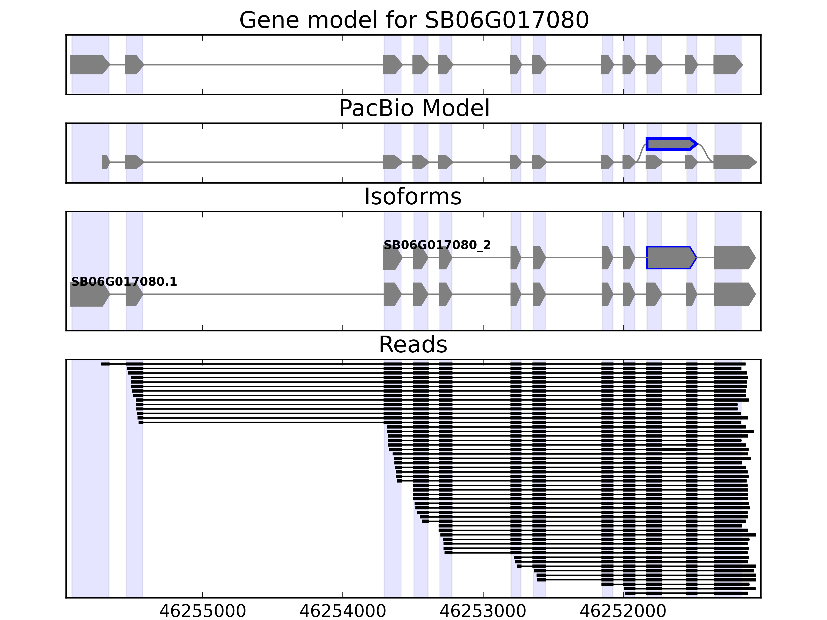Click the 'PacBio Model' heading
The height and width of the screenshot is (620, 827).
414,109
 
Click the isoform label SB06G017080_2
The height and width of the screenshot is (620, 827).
437,245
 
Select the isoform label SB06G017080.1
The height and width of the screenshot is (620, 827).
124,282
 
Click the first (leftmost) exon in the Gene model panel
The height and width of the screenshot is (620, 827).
89,65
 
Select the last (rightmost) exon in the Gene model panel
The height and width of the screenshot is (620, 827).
727,65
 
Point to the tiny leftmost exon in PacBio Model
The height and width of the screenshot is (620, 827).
105,162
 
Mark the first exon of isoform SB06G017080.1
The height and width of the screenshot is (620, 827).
89,295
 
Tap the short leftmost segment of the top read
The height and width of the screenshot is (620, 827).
105,364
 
